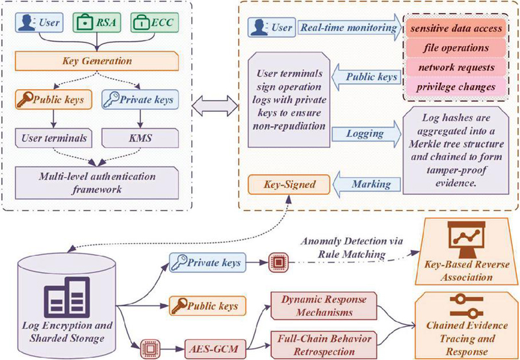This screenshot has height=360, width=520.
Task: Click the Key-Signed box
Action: pyautogui.click(x=281, y=185)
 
